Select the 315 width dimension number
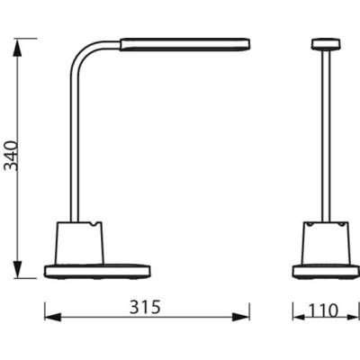(x=145, y=309)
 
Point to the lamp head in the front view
(x=321, y=42)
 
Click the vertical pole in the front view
(x=321, y=135)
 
